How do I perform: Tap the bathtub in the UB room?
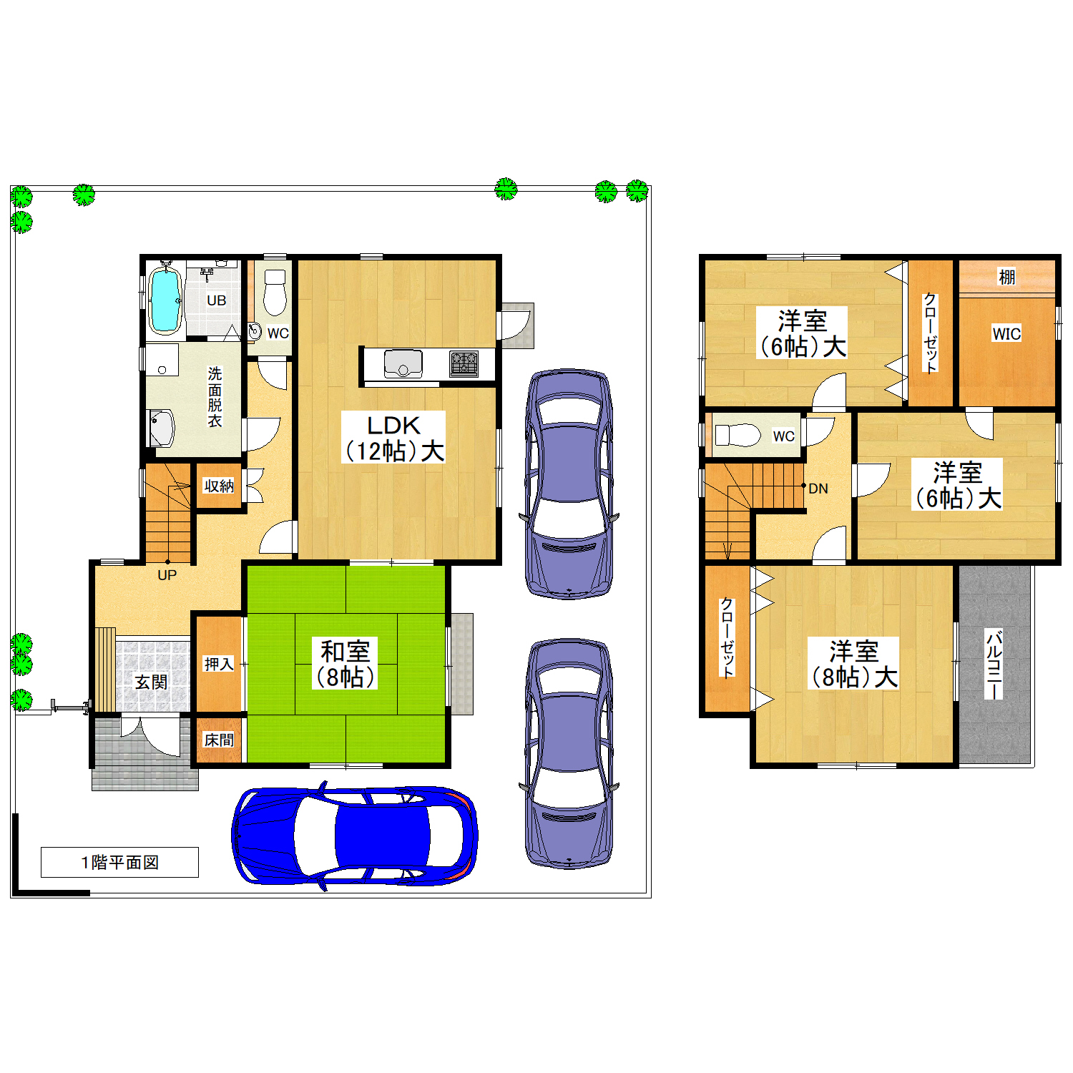pyautogui.click(x=164, y=300)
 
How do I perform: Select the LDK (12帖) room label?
pyautogui.click(x=393, y=437)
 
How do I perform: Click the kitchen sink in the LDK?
pyautogui.click(x=403, y=363)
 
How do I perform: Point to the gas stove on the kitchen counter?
pyautogui.click(x=464, y=363)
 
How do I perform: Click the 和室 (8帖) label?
pyautogui.click(x=345, y=663)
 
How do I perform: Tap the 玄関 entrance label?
pyautogui.click(x=151, y=682)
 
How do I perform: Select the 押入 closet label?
pyautogui.click(x=219, y=664)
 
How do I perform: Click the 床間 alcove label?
pyautogui.click(x=219, y=740)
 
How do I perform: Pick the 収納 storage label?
pyautogui.click(x=219, y=486)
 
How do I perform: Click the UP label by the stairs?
pyautogui.click(x=167, y=575)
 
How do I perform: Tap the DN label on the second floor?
pyautogui.click(x=818, y=489)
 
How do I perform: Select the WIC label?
pyautogui.click(x=1006, y=333)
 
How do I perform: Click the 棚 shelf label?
pyautogui.click(x=1006, y=277)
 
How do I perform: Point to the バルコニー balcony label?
pyautogui.click(x=994, y=664)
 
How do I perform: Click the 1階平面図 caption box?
pyautogui.click(x=119, y=862)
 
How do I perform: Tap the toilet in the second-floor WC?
pyautogui.click(x=738, y=435)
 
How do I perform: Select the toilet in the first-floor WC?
pyautogui.click(x=275, y=292)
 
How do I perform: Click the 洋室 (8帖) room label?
pyautogui.click(x=853, y=664)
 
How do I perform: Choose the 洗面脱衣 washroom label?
pyautogui.click(x=215, y=397)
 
